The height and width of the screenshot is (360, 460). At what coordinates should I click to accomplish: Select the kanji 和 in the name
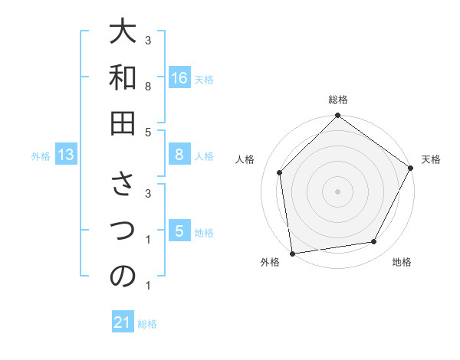(x=123, y=78)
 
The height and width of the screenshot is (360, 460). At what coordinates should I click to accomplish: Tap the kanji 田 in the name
(x=123, y=123)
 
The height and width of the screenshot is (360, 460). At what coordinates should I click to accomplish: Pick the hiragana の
(x=123, y=277)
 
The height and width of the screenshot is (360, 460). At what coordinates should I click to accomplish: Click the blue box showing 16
(x=179, y=78)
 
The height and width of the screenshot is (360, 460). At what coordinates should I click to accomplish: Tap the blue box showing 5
(x=179, y=231)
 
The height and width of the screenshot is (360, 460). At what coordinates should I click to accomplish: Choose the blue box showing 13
(x=66, y=155)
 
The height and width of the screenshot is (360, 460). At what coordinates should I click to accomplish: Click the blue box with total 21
(x=123, y=322)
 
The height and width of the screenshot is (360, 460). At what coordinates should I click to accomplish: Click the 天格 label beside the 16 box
(x=204, y=79)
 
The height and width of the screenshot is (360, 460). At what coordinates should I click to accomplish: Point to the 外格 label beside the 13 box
(x=41, y=156)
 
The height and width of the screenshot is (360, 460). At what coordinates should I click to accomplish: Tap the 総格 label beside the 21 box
(x=147, y=323)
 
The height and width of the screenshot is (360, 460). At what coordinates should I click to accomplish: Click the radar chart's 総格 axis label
(x=338, y=100)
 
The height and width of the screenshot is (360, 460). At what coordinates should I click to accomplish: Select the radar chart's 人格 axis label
(x=245, y=159)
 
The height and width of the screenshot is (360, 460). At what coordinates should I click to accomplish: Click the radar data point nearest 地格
(x=374, y=242)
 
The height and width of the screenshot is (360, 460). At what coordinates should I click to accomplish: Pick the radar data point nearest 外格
(x=292, y=253)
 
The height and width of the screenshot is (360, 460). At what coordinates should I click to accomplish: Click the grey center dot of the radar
(x=337, y=191)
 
